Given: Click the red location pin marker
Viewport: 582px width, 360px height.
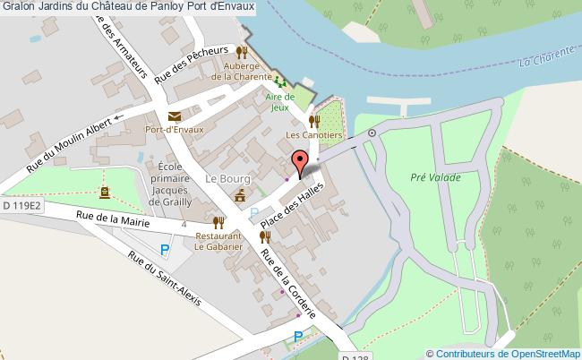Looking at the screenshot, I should pyautogui.click(x=299, y=162).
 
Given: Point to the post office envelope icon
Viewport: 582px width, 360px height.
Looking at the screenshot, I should pyautogui.click(x=173, y=116).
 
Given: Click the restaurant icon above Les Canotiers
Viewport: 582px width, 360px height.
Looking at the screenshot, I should pyautogui.click(x=312, y=121).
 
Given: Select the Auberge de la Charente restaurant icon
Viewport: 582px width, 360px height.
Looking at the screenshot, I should pyautogui.click(x=241, y=52).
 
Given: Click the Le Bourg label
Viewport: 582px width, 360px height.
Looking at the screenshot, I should pyautogui.click(x=225, y=178).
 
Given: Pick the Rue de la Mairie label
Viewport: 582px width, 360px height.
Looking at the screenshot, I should pyautogui.click(x=110, y=216).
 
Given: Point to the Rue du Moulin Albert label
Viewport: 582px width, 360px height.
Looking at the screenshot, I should pyautogui.click(x=68, y=146).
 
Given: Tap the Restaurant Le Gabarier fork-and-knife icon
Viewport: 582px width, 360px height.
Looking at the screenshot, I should pyautogui.click(x=218, y=222).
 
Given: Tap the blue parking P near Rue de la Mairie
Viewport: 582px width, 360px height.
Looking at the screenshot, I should pyautogui.click(x=164, y=252).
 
